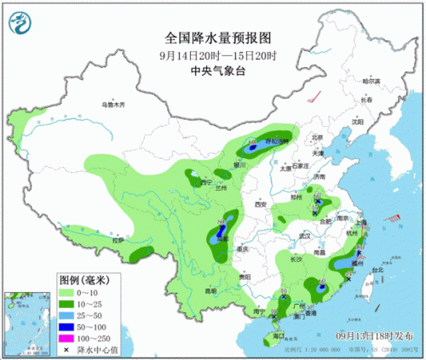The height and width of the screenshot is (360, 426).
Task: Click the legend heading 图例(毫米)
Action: click(82, 279)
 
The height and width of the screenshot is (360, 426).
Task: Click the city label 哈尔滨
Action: click(370, 82)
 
